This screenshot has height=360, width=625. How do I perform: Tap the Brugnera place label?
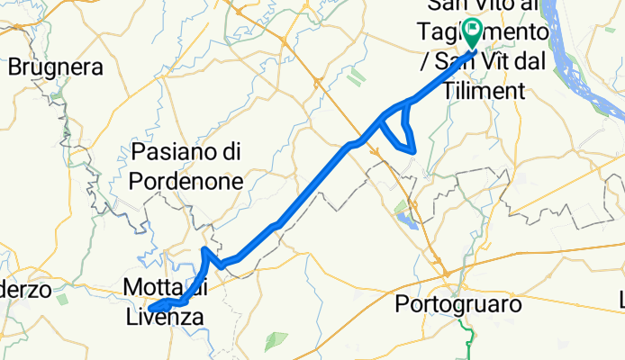coord(56,67)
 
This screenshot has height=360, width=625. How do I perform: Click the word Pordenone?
coord(186,180)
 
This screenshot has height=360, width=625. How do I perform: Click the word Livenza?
coord(164,317)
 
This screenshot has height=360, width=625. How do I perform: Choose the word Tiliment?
coord(478,92)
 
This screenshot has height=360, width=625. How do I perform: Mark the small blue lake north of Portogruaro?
coord(405,217)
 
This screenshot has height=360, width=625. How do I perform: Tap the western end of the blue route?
coord(151,309)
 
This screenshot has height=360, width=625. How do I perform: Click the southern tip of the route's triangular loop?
coord(413,152)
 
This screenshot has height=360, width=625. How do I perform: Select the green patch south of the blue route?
coord(276,340)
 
